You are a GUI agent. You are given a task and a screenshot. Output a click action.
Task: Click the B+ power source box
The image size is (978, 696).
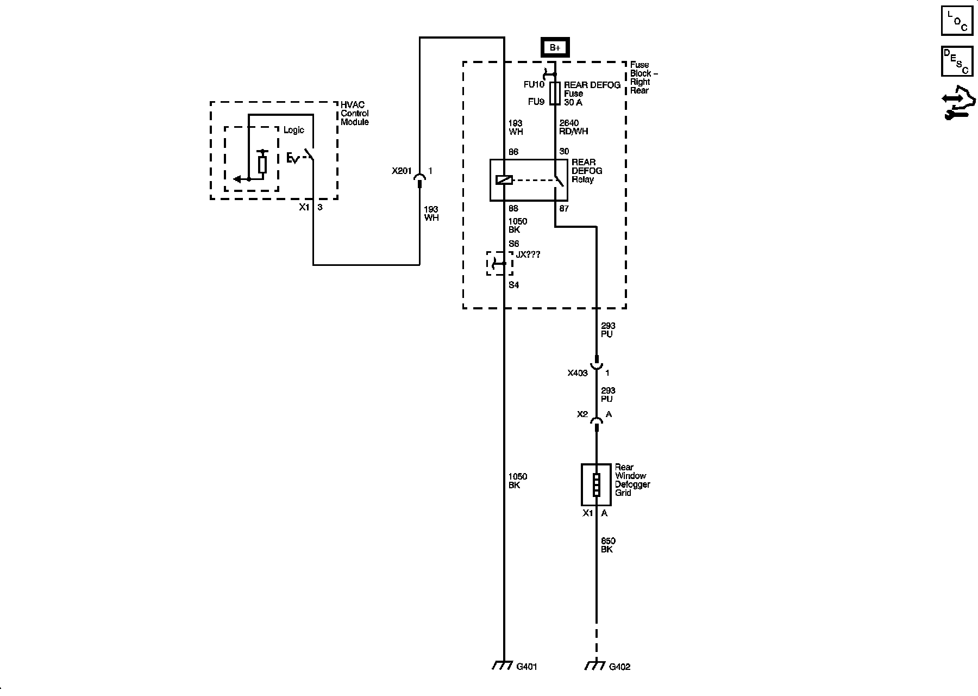(x=555, y=48)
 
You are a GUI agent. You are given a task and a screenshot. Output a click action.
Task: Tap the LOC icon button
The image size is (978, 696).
(x=957, y=21)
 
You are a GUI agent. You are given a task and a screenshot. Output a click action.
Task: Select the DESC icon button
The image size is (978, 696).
(x=957, y=61)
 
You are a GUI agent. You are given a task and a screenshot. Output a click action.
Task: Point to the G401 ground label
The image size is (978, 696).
(x=526, y=667)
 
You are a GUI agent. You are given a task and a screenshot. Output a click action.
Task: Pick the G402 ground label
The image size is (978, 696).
(x=619, y=667)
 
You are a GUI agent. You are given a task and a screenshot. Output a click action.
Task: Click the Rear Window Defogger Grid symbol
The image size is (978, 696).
(x=596, y=484)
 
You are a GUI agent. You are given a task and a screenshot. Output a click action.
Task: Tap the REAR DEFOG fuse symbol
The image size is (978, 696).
(x=555, y=94)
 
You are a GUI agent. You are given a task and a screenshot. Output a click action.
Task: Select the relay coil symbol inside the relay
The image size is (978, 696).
(x=504, y=180)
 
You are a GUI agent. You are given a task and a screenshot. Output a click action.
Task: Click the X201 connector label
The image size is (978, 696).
(x=402, y=171)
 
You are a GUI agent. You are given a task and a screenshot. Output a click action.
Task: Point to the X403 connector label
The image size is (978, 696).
(x=578, y=373)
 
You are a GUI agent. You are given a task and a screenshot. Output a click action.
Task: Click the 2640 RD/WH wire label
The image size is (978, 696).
(x=573, y=127)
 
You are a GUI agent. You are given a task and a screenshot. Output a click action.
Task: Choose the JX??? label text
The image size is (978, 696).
(x=528, y=254)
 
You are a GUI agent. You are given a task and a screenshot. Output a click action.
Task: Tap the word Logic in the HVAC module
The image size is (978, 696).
(x=293, y=130)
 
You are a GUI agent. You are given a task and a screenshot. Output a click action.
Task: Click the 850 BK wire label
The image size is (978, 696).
(x=607, y=545)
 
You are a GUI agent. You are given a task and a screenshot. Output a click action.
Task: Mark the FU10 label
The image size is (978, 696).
(x=535, y=85)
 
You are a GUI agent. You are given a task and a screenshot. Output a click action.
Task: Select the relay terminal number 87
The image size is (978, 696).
(x=564, y=208)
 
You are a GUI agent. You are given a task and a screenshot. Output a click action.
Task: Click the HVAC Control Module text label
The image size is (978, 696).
(x=354, y=113)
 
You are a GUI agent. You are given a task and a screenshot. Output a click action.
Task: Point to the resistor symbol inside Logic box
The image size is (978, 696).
(x=262, y=164)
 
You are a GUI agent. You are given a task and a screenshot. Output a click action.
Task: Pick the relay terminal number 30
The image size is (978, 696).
(x=564, y=152)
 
